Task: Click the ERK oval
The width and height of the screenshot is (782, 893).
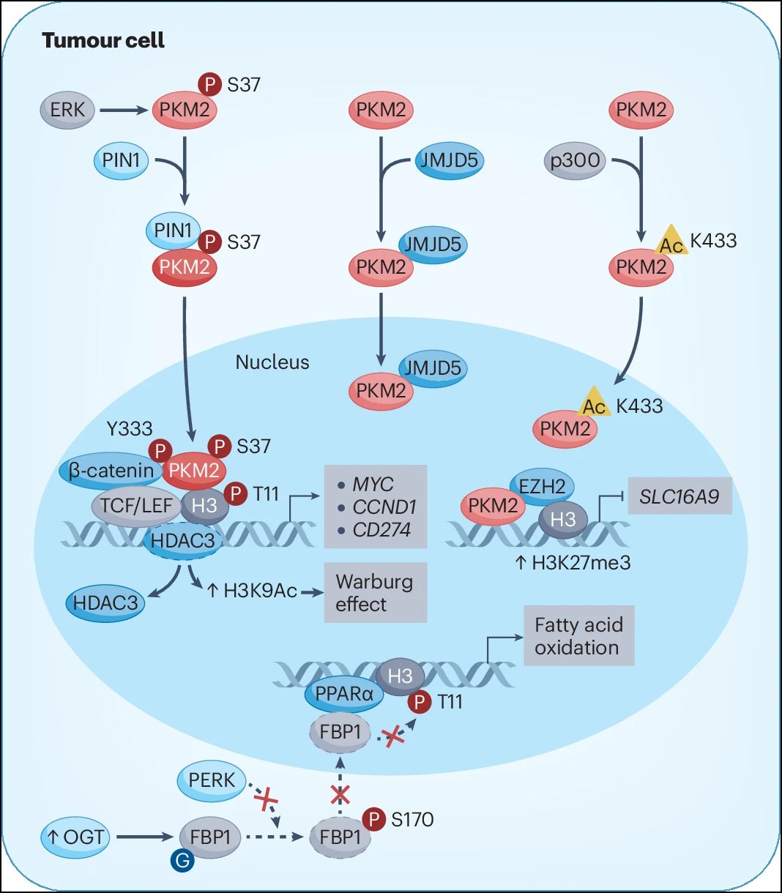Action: click(67, 110)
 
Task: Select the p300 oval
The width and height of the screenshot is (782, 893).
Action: click(575, 160)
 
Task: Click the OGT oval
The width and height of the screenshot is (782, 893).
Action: click(75, 837)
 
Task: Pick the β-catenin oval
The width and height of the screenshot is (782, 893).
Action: click(111, 471)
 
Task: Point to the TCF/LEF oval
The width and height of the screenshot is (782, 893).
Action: click(136, 506)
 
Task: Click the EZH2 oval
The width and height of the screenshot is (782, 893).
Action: click(542, 487)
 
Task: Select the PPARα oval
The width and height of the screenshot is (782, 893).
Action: click(344, 693)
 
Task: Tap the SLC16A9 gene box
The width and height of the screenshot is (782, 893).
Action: click(679, 496)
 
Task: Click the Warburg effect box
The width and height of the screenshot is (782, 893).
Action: click(375, 593)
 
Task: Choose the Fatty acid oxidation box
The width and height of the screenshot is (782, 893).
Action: click(579, 636)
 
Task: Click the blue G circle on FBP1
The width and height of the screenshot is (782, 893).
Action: click(182, 861)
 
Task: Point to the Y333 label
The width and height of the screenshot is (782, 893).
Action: click(130, 429)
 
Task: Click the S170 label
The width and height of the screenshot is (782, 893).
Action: click(412, 820)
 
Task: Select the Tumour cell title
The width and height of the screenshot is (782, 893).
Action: click(103, 40)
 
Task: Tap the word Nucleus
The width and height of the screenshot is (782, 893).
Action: click(272, 362)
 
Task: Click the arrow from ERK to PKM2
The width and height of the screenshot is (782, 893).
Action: click(124, 110)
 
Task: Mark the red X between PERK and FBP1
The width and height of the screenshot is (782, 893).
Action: click(266, 799)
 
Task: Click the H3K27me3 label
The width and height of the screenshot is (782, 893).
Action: click(573, 563)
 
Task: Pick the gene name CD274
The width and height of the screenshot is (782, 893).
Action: click(381, 530)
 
